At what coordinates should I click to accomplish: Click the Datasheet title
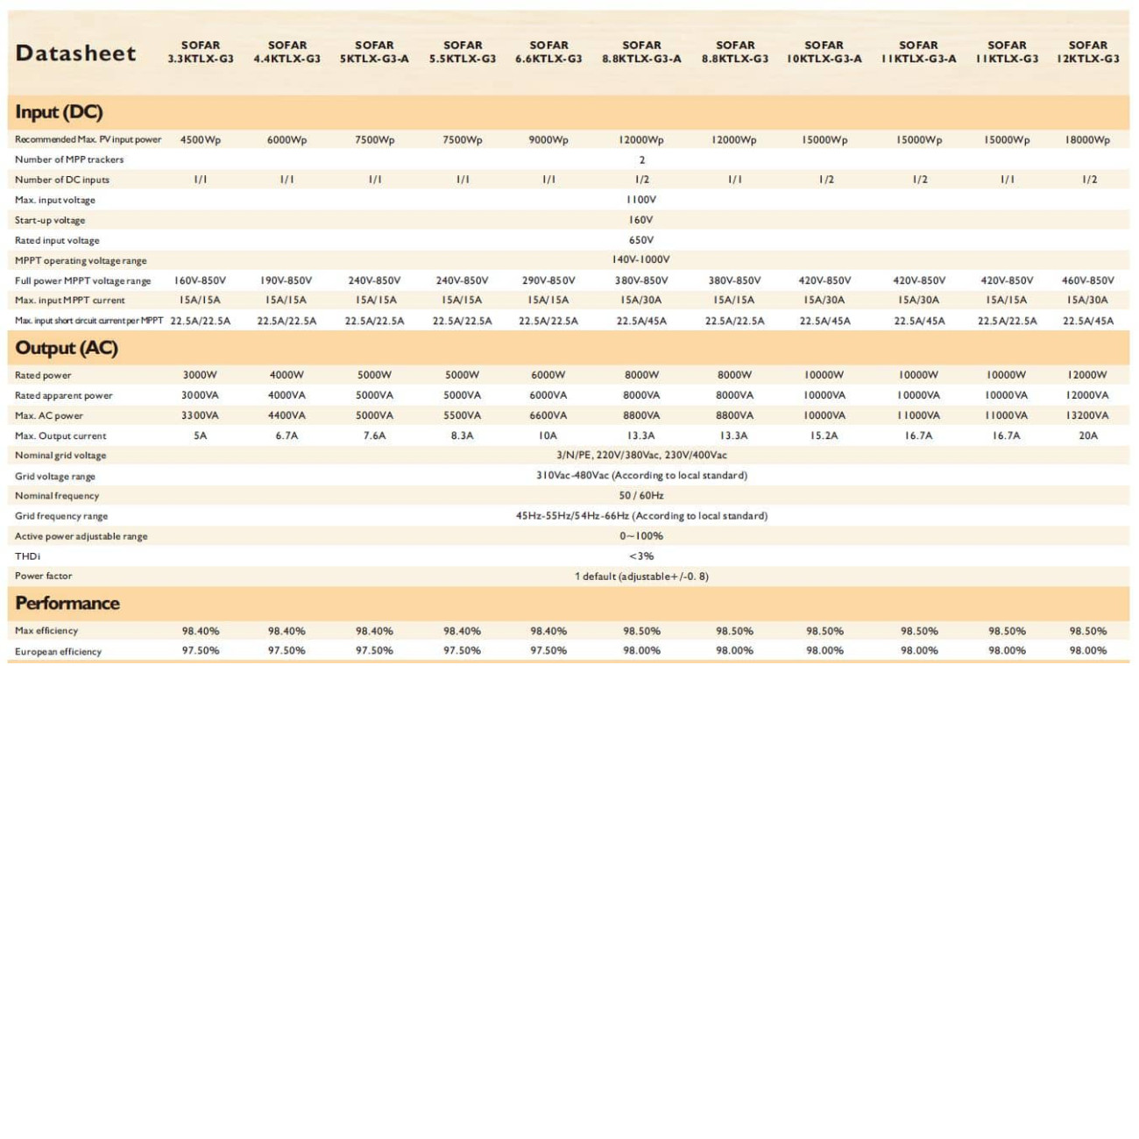point(76,53)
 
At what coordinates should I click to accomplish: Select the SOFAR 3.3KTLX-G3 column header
point(201,52)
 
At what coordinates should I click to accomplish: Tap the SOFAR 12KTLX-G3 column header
point(1088,52)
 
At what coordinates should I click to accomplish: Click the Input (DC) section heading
point(59,112)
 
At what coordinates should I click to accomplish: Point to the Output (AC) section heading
point(67,348)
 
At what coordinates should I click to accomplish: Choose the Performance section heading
point(67,603)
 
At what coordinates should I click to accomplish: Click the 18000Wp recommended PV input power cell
point(1088,140)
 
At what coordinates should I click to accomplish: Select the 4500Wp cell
point(201,140)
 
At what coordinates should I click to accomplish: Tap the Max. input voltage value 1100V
point(641,200)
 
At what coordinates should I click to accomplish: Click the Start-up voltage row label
point(50,220)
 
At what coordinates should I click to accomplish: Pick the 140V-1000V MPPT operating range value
point(641,259)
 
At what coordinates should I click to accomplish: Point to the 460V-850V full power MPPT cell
point(1088,280)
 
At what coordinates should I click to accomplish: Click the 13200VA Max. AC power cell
point(1088,415)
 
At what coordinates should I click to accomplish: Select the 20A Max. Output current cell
point(1088,435)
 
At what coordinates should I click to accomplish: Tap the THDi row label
point(28,556)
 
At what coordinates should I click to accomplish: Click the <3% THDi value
point(641,556)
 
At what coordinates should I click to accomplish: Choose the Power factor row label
point(44,576)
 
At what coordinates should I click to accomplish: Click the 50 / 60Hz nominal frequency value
point(641,495)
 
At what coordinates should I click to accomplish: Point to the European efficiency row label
point(58,651)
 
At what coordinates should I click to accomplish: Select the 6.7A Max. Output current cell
point(287,435)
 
